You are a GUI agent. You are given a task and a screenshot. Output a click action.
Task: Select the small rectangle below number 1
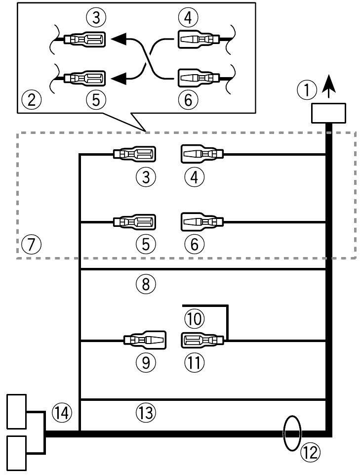point(328,113)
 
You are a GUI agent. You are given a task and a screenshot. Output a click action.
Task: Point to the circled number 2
point(31,100)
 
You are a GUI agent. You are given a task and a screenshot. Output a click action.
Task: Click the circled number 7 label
point(31,244)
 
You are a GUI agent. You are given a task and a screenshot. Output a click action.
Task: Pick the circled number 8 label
point(145,283)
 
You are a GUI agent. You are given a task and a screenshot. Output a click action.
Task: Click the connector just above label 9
point(144,341)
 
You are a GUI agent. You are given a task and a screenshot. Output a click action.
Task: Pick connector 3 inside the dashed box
point(134,155)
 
